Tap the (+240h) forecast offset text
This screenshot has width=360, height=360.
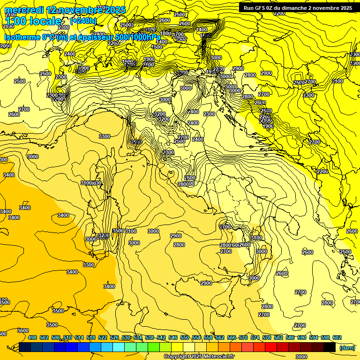[83, 21]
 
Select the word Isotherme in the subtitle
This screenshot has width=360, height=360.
[22, 37]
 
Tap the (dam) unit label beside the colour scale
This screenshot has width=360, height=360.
[347, 347]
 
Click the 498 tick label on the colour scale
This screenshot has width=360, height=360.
[32, 337]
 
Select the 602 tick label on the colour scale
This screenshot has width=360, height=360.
[337, 337]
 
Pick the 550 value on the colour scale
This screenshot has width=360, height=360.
[185, 337]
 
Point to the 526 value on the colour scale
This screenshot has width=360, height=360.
[114, 337]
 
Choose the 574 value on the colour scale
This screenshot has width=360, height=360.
[255, 337]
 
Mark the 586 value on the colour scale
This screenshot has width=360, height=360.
[290, 337]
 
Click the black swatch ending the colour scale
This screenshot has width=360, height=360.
[330, 347]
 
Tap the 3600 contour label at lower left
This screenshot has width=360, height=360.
[22, 330]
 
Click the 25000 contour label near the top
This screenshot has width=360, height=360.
[127, 25]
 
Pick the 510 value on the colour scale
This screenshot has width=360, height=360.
[67, 337]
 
